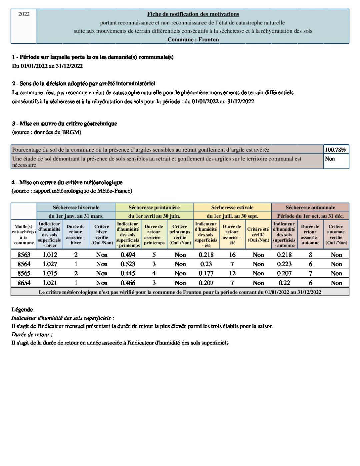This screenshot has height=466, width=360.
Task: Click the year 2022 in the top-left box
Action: (24, 14)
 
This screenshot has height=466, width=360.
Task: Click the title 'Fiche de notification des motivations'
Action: (193, 14)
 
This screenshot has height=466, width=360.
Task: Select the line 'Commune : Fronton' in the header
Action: (193, 39)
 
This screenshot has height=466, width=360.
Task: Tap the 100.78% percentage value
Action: (335, 150)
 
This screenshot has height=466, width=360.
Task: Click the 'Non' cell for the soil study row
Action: (330, 159)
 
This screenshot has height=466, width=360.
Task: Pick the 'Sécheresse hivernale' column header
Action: (76, 207)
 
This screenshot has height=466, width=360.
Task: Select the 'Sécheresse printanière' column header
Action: (154, 207)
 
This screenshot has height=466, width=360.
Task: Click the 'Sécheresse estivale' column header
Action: (232, 207)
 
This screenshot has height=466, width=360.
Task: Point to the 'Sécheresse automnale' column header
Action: (310, 207)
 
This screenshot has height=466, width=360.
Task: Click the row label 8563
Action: (24, 255)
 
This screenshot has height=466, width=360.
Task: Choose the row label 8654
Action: (24, 283)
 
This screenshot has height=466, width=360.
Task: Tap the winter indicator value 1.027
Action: (50, 264)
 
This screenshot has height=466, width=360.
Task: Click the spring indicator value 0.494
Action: (128, 255)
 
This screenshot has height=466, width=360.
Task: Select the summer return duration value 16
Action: (232, 255)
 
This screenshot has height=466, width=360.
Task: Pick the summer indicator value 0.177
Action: (206, 273)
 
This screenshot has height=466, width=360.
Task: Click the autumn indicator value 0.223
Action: (284, 264)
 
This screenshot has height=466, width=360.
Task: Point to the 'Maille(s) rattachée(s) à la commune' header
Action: (24, 235)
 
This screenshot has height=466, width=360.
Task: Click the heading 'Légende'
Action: (22, 309)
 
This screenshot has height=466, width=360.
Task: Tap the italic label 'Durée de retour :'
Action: (32, 334)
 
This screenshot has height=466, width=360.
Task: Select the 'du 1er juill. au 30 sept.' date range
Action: (232, 216)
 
